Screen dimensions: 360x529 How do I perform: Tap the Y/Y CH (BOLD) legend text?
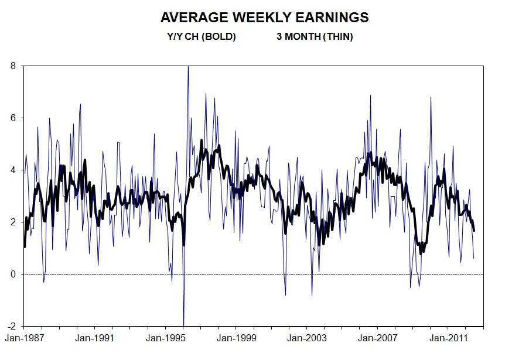pos(202,37)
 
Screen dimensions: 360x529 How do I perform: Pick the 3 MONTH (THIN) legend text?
pos(315,37)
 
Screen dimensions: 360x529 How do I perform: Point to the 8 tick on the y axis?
pos(13,66)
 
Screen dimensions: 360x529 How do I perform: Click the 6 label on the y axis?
pos(13,118)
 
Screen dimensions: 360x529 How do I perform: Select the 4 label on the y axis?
pos(13,170)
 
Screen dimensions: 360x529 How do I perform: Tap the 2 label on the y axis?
pos(13,222)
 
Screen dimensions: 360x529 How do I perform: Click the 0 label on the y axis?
pos(13,274)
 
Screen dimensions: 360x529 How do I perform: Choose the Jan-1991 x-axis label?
pos(95,338)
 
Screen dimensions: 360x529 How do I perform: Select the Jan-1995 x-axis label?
pos(165,338)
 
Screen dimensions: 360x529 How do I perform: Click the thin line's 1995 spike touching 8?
pos(188,67)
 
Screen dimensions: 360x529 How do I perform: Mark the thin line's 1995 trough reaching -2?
pos(183,325)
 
